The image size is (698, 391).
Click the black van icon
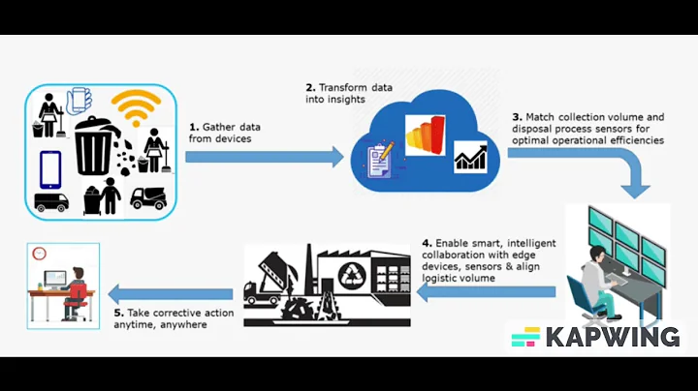point(51,202)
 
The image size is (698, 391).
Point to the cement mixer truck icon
point(148,197)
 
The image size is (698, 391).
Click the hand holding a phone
point(78,102)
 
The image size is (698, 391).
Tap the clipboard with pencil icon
point(378,161)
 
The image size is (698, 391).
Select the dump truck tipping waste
point(270,281)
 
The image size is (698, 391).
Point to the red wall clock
point(40,254)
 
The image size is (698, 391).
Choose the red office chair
point(76,300)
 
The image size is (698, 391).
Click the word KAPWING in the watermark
point(611,337)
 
